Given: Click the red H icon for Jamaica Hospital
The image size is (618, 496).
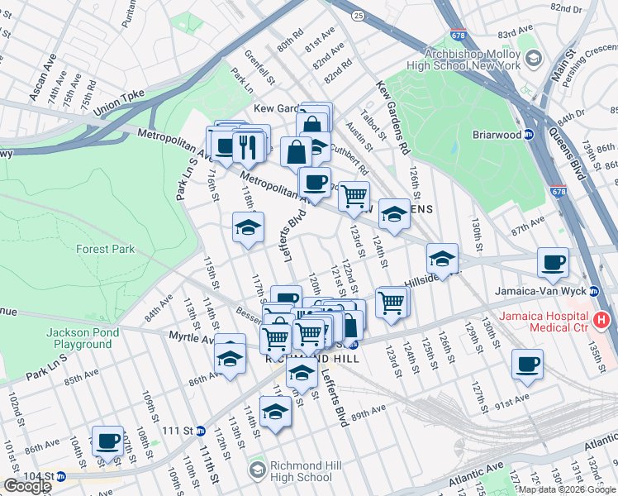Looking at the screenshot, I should tap(601, 319).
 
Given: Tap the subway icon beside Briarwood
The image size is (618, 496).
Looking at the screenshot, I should tap(530, 135).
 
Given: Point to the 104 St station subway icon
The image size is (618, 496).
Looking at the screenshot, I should tap(60, 476).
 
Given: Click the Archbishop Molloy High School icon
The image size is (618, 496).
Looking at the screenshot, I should tap(534, 58).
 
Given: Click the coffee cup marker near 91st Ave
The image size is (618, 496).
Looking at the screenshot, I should tap(527, 365).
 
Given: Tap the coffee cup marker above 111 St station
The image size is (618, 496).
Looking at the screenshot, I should tap(107, 441).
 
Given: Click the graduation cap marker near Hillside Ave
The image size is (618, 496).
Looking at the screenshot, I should tap(443, 260).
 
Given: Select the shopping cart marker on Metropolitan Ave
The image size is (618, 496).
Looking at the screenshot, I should tap(354, 197).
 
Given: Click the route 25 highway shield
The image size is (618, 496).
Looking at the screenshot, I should tap(357, 16).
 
